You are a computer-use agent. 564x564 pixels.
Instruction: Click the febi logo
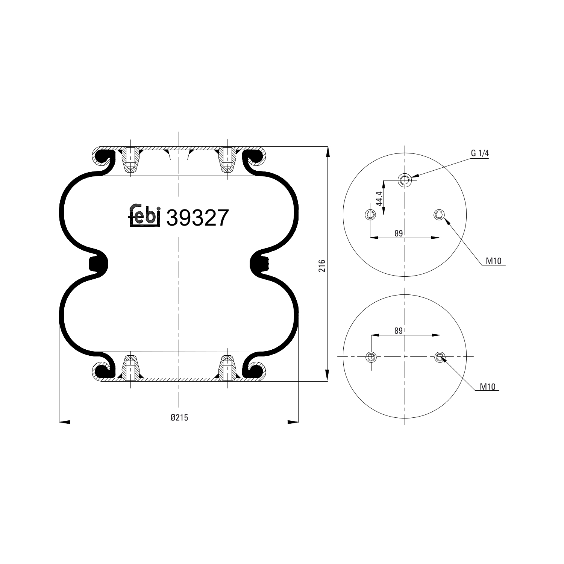pos(145,217)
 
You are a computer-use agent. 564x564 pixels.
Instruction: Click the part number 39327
pos(197,218)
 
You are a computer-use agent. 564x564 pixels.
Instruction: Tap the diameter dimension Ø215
pos(179,417)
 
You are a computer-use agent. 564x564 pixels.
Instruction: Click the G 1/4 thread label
pos(479,153)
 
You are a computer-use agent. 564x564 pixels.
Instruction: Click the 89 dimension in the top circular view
pos(399,233)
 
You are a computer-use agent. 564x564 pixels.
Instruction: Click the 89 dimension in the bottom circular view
pos(399,331)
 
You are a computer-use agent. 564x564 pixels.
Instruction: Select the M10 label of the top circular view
pos(493,261)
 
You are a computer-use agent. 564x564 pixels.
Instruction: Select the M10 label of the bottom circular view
pos(488,387)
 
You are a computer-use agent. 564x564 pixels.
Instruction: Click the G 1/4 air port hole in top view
pos(405,180)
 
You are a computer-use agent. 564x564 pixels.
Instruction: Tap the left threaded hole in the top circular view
pos(370,215)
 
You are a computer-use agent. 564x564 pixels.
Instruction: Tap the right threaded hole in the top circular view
pos(439,215)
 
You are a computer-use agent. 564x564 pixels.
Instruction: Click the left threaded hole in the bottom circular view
pos(371,356)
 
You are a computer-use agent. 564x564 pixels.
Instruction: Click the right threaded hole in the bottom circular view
pos(440,356)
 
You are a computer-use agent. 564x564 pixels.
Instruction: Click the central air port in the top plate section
pos(179,155)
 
